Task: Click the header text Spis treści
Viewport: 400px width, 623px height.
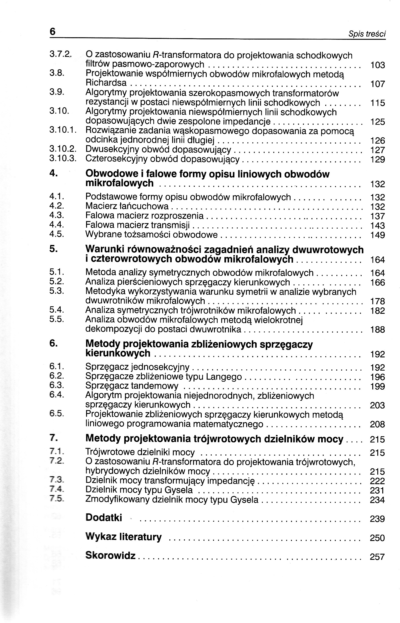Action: point(367,34)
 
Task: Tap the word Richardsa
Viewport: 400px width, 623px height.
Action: point(106,83)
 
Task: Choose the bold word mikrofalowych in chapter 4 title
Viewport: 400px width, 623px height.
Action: point(119,183)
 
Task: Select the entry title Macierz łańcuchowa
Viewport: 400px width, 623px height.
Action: point(127,206)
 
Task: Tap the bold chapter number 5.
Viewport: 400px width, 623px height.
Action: point(53,249)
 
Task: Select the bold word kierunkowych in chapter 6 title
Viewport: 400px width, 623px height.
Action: point(118,353)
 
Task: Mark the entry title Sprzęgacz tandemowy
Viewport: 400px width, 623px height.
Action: point(132,386)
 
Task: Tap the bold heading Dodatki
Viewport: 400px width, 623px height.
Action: point(104,518)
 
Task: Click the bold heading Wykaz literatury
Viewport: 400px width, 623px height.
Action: point(123,536)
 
